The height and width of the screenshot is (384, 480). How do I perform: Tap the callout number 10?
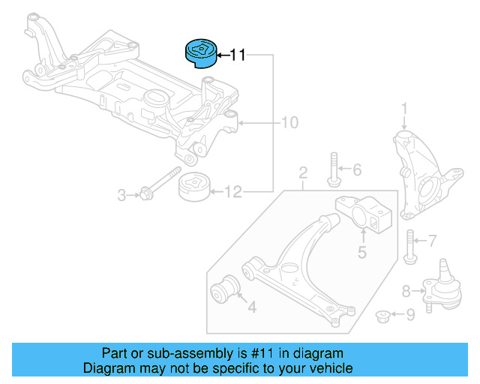pos(289,122)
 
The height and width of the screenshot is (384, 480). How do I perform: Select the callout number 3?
pos(121,196)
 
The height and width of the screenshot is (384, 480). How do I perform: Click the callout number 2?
pos(303,174)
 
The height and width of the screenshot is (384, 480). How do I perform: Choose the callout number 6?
pos(356,170)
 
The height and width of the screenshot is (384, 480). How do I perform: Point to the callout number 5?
pos(361,253)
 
